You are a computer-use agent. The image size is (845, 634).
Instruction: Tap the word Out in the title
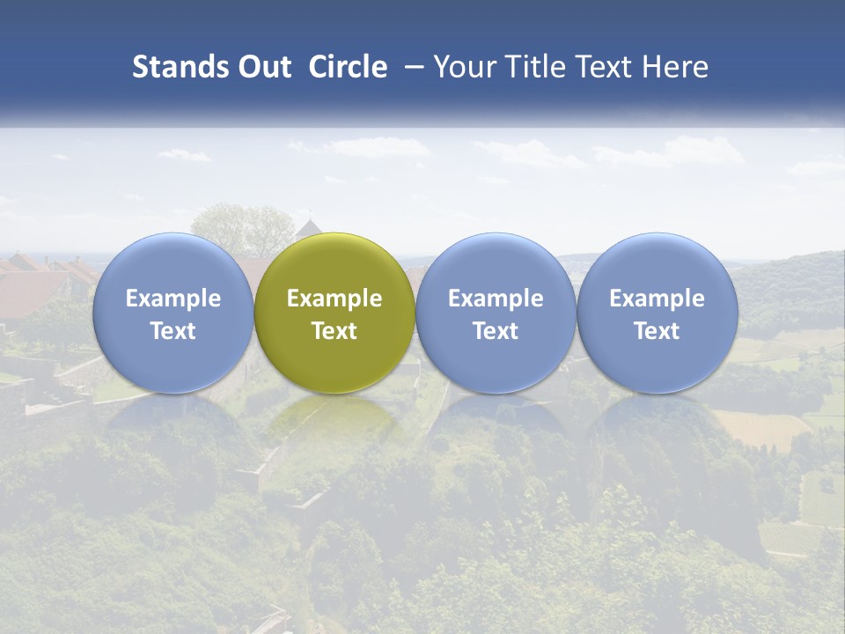[263, 67]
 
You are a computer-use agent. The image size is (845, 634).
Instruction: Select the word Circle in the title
[348, 67]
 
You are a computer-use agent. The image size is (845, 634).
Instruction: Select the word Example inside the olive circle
[334, 299]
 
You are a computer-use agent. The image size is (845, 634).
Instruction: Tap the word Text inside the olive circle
[334, 331]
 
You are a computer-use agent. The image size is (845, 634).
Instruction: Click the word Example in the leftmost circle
[173, 299]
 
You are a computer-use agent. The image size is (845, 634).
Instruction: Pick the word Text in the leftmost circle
[173, 331]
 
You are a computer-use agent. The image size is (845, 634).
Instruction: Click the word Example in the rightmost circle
[657, 299]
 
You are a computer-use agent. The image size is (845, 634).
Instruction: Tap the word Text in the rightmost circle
[657, 331]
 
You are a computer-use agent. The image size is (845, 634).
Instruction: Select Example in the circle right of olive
[496, 299]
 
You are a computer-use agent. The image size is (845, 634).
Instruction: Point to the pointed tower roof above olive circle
[308, 229]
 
